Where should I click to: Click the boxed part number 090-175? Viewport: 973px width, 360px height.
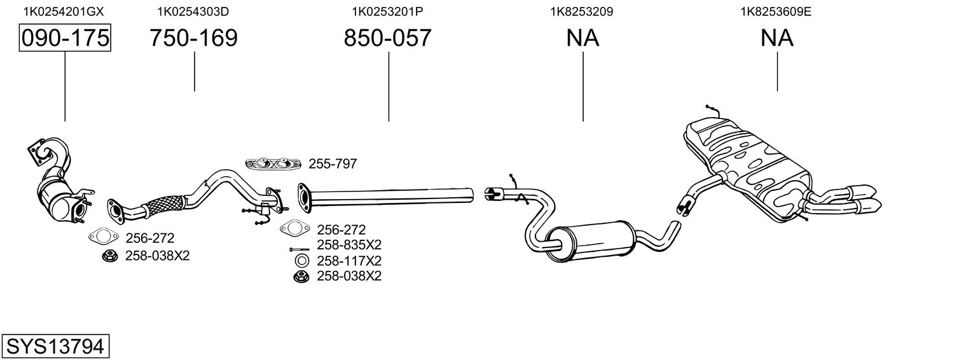(65, 38)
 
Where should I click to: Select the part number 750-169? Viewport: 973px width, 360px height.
(193, 38)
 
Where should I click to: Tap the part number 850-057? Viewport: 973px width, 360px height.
(387, 38)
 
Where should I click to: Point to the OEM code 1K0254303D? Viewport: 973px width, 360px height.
(193, 11)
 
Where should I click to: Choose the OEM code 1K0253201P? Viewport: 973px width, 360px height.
(387, 11)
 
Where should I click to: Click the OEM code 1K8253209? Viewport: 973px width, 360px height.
(581, 11)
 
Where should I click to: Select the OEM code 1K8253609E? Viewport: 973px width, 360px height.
(776, 11)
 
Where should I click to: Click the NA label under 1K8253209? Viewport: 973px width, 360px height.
(583, 38)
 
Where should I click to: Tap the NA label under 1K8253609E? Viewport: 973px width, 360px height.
(776, 38)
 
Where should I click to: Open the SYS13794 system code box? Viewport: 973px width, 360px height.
(55, 347)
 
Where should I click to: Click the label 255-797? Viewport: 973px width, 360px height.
(333, 164)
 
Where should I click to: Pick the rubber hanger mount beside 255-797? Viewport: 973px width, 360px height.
(273, 164)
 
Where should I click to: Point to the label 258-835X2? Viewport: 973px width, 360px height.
(348, 245)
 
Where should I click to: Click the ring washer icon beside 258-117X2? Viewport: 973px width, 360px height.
(302, 261)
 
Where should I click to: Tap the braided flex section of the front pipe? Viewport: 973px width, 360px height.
(163, 205)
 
